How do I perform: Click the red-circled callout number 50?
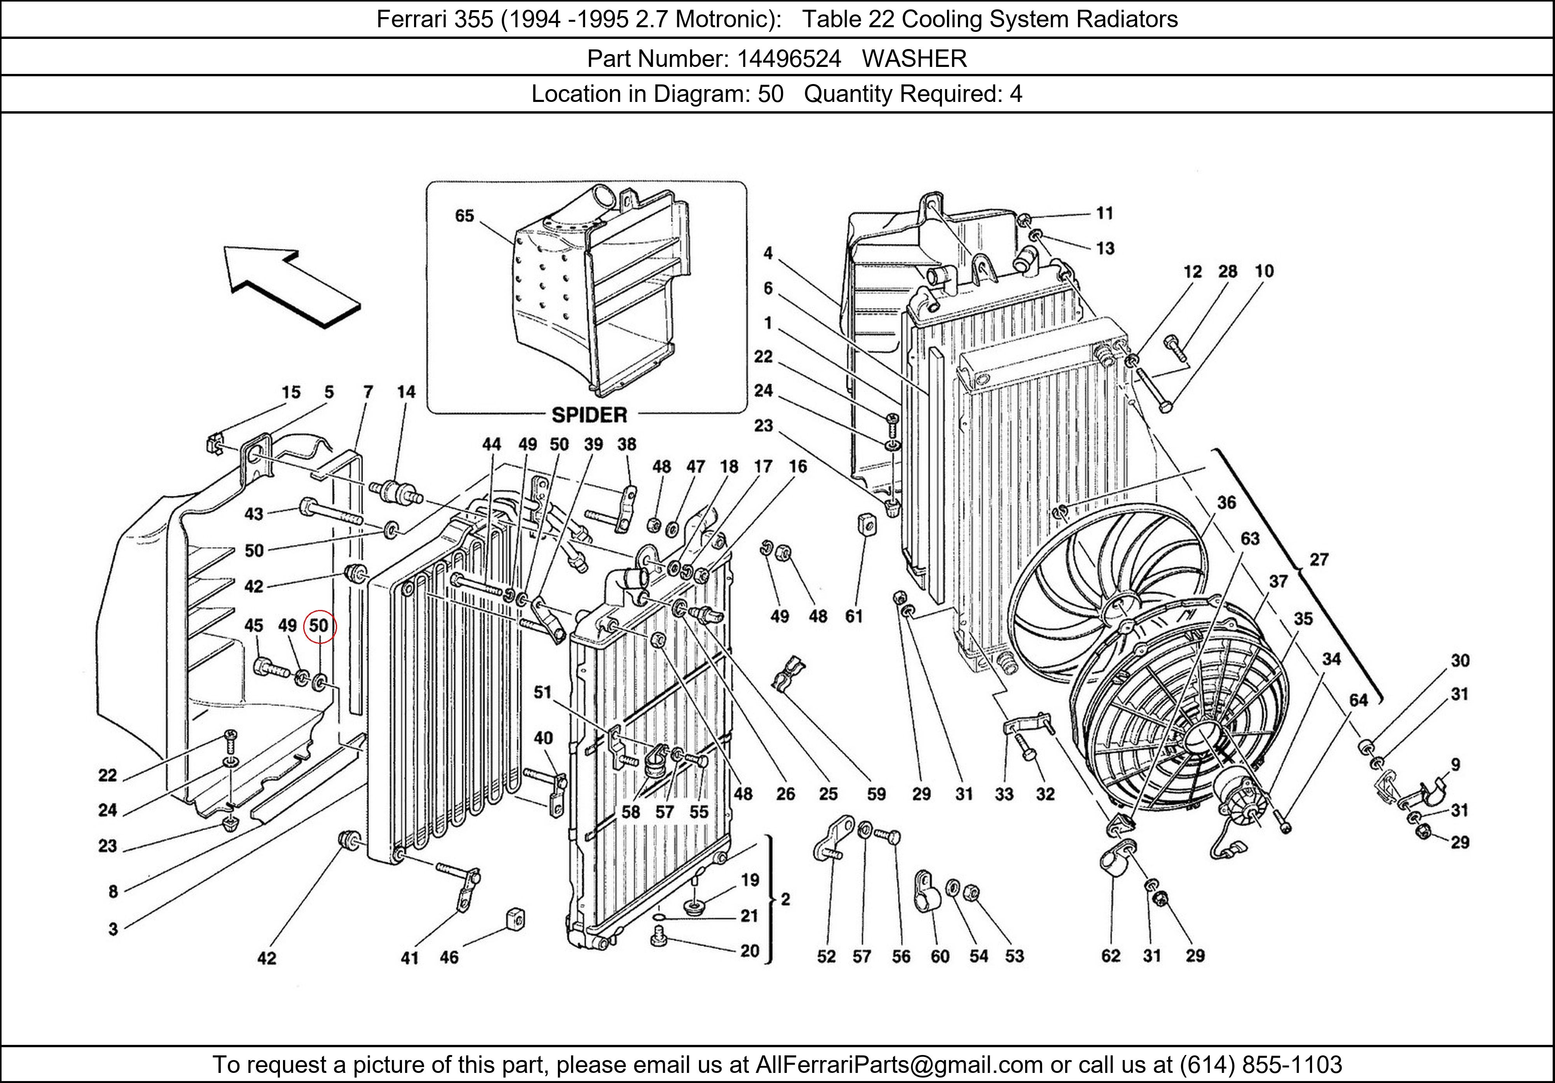click(x=319, y=626)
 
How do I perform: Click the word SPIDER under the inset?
click(x=589, y=415)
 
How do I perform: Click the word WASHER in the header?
click(x=914, y=59)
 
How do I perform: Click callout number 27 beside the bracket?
click(x=1319, y=559)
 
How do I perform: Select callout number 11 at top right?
click(x=1104, y=213)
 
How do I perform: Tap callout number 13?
click(x=1105, y=249)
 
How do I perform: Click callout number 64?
click(x=1359, y=700)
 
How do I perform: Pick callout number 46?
click(x=449, y=957)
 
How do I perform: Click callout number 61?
click(x=854, y=616)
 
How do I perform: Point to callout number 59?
click(x=876, y=794)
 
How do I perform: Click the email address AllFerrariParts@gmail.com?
click(x=899, y=1065)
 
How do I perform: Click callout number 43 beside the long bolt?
click(x=254, y=514)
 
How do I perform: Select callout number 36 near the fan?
click(x=1227, y=502)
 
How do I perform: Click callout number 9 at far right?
click(x=1455, y=764)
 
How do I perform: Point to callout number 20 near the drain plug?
click(x=749, y=951)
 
